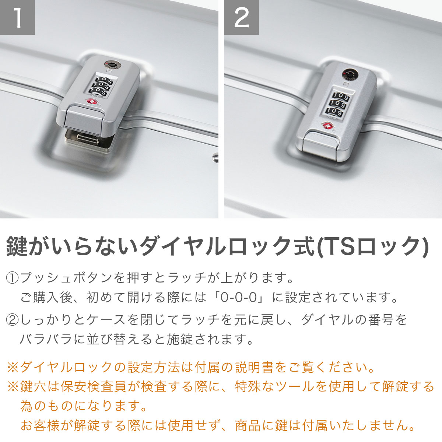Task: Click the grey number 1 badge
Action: point(17,17)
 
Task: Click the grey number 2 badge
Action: point(241,17)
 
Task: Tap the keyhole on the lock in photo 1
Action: point(111,64)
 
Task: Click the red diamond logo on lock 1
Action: point(91,101)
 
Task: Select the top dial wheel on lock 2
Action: point(341,97)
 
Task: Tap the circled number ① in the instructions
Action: point(12,278)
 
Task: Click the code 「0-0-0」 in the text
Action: point(239,298)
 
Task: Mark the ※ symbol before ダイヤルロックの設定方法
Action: point(13,368)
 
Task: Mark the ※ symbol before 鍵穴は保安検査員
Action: point(13,387)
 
